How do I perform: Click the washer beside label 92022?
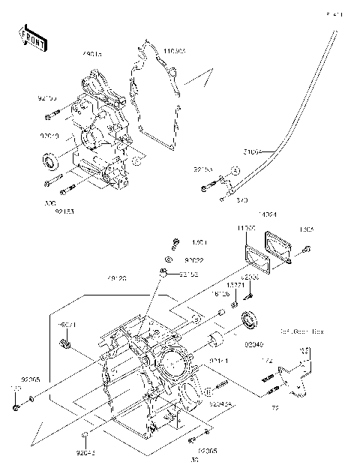[170, 259]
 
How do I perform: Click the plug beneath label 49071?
[64, 345]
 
